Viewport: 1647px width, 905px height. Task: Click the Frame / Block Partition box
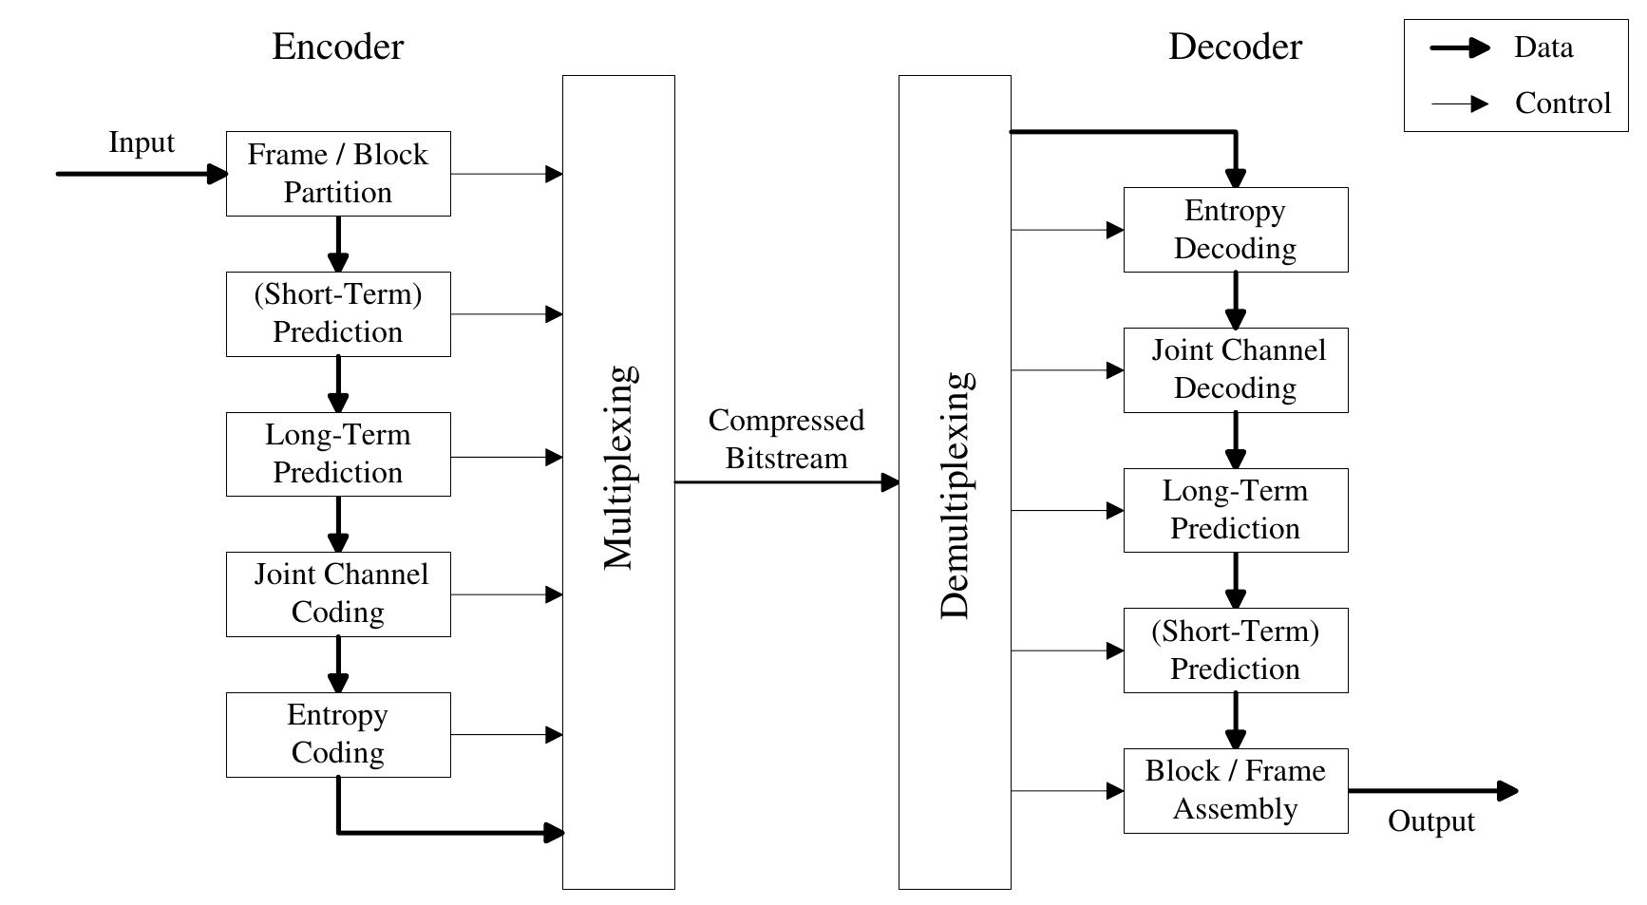point(338,174)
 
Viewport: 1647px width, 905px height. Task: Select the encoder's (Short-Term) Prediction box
point(338,314)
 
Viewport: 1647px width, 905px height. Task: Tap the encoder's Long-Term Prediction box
point(338,454)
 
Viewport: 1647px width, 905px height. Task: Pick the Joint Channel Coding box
point(338,594)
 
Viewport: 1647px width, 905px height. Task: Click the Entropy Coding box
point(338,734)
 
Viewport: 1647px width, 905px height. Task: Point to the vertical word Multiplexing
point(619,467)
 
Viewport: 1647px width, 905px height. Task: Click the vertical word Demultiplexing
point(956,496)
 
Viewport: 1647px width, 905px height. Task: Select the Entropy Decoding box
point(1235,230)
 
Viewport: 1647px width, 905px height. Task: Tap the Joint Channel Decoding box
point(1235,370)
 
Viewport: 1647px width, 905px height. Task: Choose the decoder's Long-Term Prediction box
point(1235,510)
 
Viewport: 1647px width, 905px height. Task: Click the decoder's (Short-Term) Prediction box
point(1235,650)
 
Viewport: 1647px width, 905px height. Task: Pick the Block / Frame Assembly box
point(1235,790)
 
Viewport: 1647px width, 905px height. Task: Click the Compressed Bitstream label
point(786,440)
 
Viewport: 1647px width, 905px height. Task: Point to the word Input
point(142,142)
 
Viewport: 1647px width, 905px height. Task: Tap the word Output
point(1430,821)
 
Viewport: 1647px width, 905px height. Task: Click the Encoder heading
point(337,47)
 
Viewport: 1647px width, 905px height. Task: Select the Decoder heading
point(1235,47)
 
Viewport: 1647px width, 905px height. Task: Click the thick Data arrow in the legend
point(1460,47)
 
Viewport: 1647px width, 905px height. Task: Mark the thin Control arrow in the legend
point(1460,104)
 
